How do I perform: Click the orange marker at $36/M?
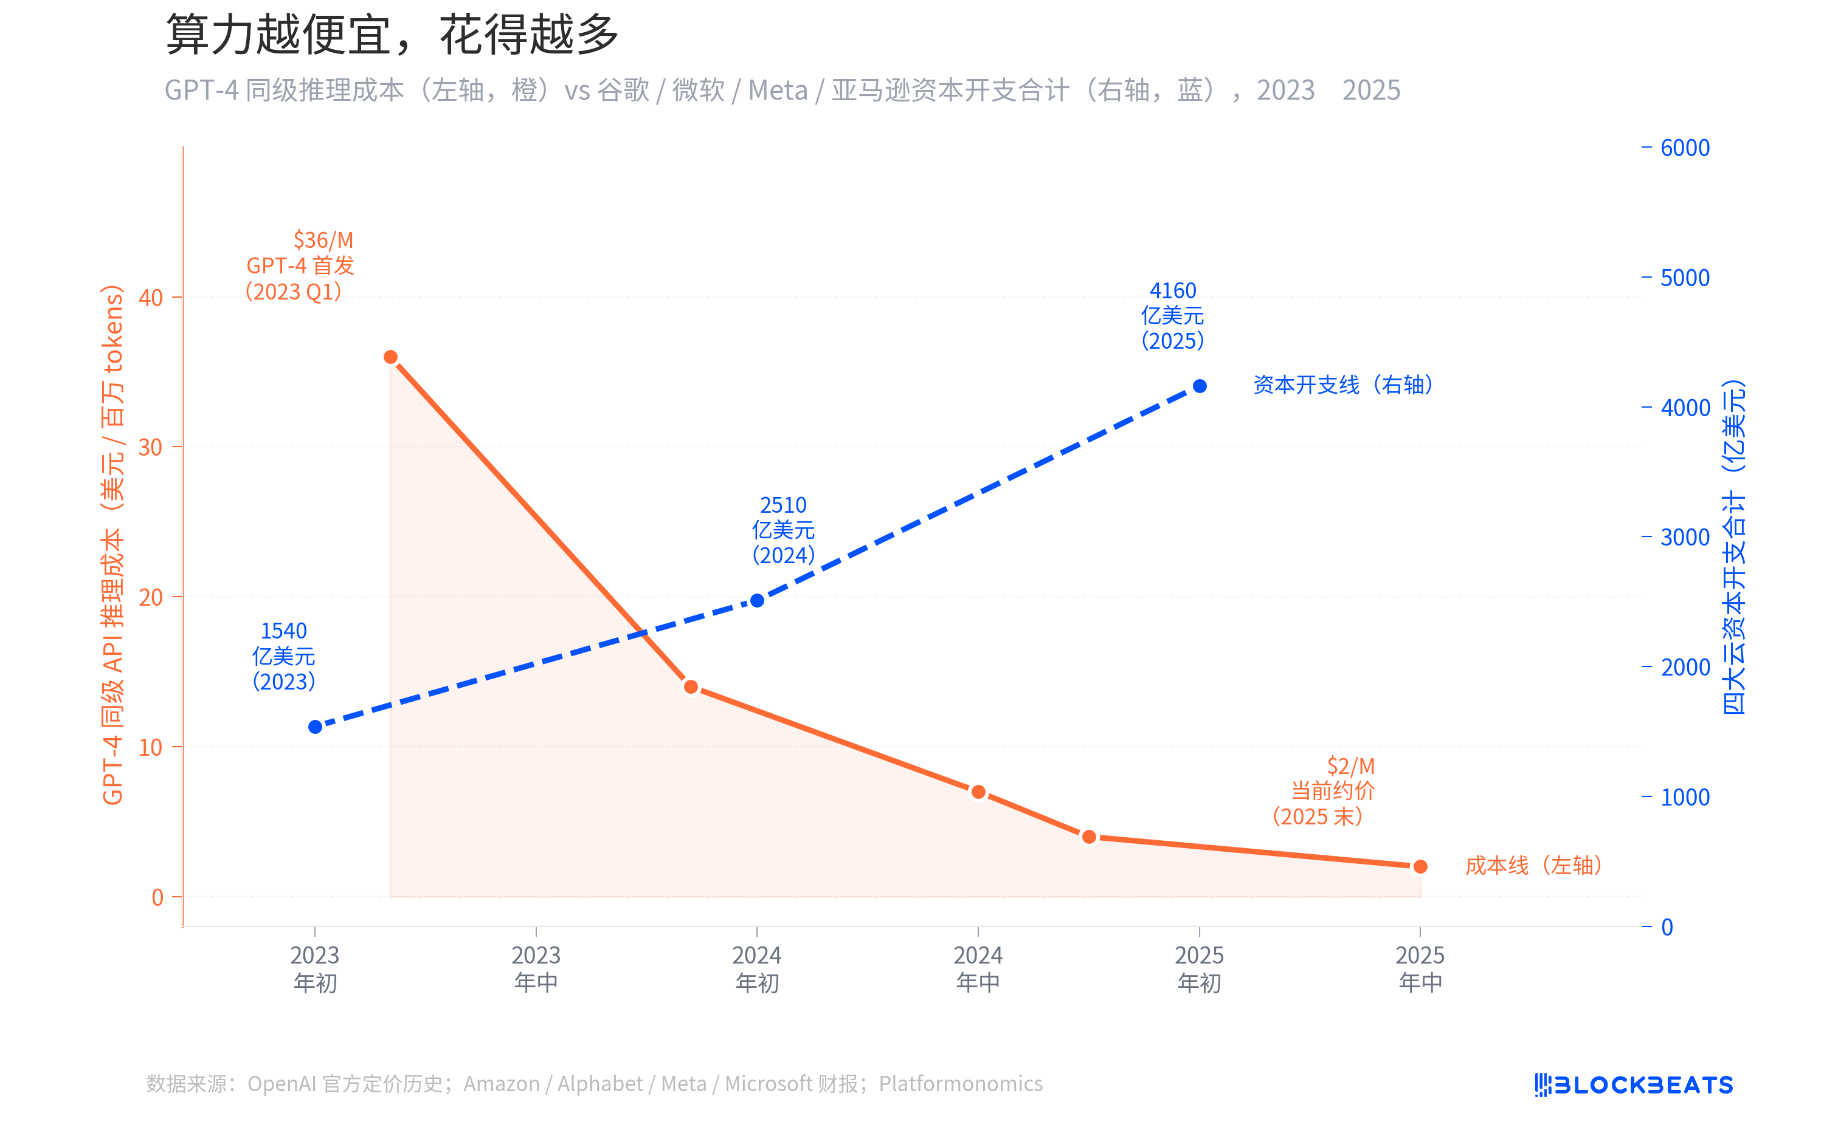coord(390,357)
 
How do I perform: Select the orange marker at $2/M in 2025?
coord(1420,867)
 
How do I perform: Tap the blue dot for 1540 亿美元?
coord(315,727)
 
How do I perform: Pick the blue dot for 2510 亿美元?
coord(757,601)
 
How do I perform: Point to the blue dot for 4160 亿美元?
coord(1200,386)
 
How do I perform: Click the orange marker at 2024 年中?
coord(978,792)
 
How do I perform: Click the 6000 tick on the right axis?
coord(1684,148)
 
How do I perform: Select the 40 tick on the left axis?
coord(150,298)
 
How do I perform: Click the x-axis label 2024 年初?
coord(757,968)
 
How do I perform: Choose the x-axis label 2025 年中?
coord(1420,968)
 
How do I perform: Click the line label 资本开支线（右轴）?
coord(1343,385)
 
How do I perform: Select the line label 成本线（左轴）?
coord(1533,866)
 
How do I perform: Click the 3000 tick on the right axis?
coord(1684,537)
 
